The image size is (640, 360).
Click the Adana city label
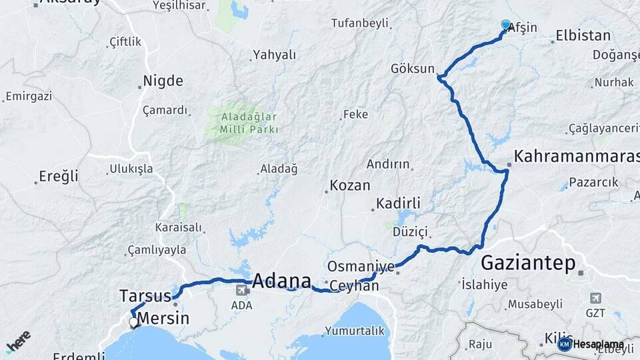(x=282, y=280)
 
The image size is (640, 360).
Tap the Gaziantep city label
(x=528, y=263)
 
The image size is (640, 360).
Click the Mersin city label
(x=163, y=318)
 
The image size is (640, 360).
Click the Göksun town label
(x=413, y=69)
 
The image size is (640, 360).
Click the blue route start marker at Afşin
(x=505, y=25)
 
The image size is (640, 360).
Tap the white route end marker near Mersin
(x=134, y=323)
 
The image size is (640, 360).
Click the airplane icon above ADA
(x=241, y=290)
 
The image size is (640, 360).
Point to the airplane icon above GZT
(x=595, y=298)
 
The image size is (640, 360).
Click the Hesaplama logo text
(x=598, y=344)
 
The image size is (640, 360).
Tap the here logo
(x=18, y=340)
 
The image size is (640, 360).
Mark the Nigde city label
(x=163, y=81)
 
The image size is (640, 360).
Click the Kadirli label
(x=397, y=203)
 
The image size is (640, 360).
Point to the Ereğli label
(x=59, y=177)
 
